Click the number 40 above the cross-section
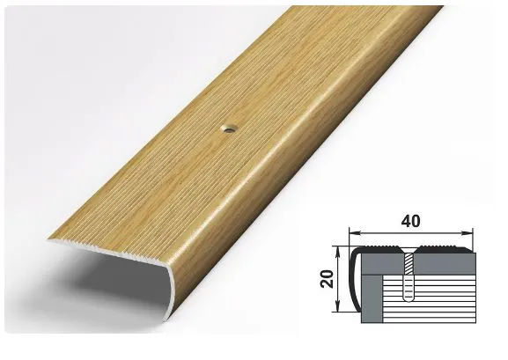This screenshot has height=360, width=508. tap(410, 221)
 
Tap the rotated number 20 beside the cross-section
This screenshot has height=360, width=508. tap(328, 279)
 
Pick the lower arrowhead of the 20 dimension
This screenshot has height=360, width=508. tap(337, 307)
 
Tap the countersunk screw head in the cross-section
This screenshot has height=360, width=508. tap(409, 250)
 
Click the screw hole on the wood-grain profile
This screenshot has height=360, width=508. tap(229, 129)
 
